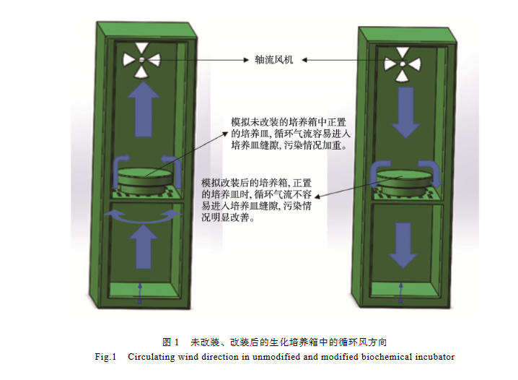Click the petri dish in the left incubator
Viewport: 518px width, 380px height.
click(146, 179)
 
